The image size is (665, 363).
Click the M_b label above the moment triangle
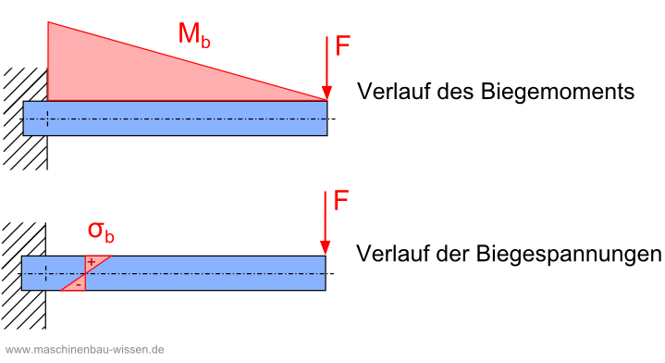coord(194,35)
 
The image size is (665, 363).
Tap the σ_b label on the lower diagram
coord(100,231)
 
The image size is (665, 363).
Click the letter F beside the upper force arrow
coord(343,46)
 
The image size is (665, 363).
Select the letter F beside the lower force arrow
coord(342,201)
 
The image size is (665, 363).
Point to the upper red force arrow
coord(326,69)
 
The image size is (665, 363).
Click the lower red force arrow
coord(326,222)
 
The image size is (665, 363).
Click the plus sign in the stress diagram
coord(91,264)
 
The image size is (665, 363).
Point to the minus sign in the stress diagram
coord(80,283)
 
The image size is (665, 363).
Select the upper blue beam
coord(185,119)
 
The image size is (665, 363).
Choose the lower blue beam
coord(203,273)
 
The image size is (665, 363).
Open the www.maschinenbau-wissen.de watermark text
coord(83,350)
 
